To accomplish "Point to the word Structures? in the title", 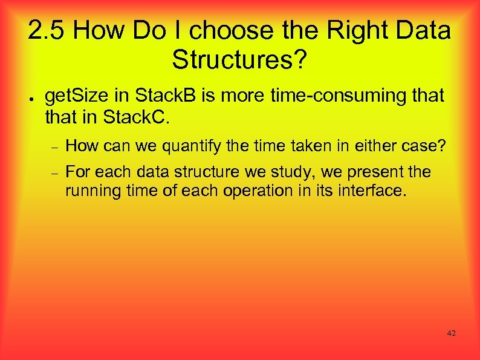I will pos(240,59).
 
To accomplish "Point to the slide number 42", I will pos(451,333).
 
